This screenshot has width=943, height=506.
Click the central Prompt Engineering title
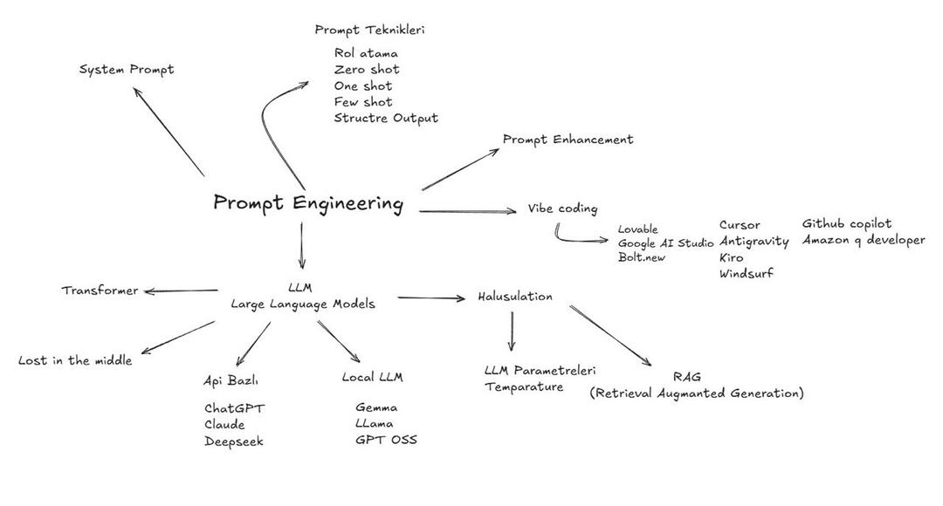(x=308, y=203)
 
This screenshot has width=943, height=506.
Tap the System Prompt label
(x=127, y=70)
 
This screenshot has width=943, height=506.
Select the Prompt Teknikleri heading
(x=370, y=30)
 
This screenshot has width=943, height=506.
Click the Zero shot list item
(x=367, y=70)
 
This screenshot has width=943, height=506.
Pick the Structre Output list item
(x=386, y=119)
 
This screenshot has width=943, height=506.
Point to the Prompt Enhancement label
(x=568, y=140)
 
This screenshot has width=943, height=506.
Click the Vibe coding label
(x=563, y=209)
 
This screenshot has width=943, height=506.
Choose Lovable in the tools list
(x=638, y=229)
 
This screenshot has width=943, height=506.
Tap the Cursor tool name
(x=740, y=225)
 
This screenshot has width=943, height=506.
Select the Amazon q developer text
(x=864, y=240)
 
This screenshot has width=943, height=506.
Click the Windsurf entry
(x=747, y=273)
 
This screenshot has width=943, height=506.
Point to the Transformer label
(x=100, y=291)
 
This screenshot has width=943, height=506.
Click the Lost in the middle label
(x=75, y=360)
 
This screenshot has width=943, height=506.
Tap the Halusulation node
(x=515, y=297)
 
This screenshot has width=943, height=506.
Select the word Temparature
(x=524, y=387)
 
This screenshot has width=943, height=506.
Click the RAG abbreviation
(x=687, y=377)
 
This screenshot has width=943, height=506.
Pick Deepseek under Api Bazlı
(x=234, y=441)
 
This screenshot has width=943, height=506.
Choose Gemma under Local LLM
(x=375, y=407)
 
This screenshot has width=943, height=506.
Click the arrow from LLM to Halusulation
(x=431, y=297)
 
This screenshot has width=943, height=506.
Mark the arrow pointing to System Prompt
(x=169, y=132)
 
